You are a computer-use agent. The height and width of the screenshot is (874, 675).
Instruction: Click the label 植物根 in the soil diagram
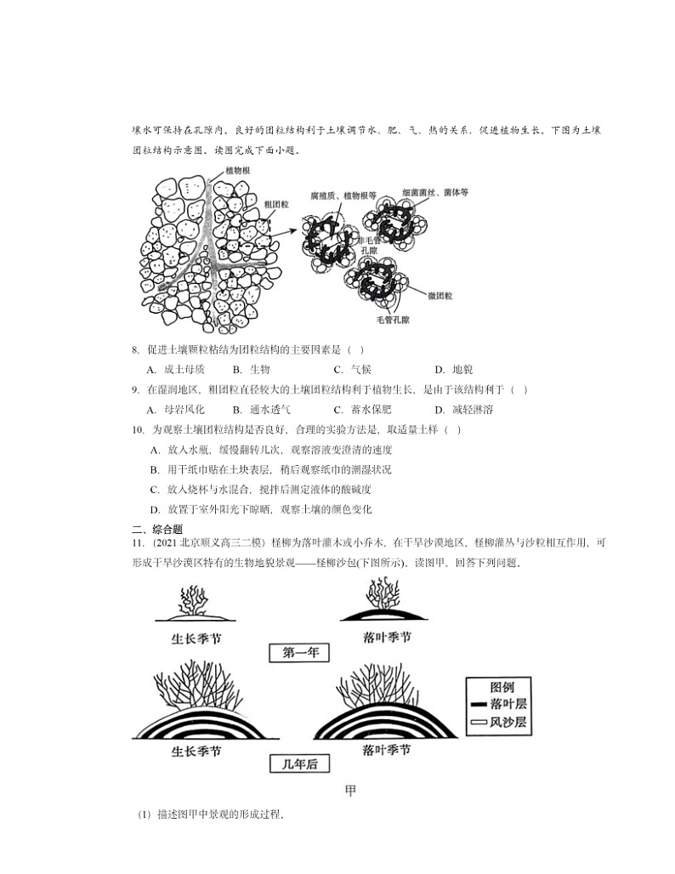click(237, 171)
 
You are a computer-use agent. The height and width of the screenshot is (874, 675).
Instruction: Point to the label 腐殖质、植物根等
click(343, 196)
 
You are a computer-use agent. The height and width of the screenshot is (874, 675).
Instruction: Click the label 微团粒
click(440, 295)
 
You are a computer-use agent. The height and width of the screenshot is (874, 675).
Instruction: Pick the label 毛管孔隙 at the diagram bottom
click(393, 321)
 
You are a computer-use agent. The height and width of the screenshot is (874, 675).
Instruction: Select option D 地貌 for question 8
click(454, 369)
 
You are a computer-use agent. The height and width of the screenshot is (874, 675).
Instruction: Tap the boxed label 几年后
click(298, 764)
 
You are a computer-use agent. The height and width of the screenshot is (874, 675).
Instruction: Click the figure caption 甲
click(350, 791)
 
